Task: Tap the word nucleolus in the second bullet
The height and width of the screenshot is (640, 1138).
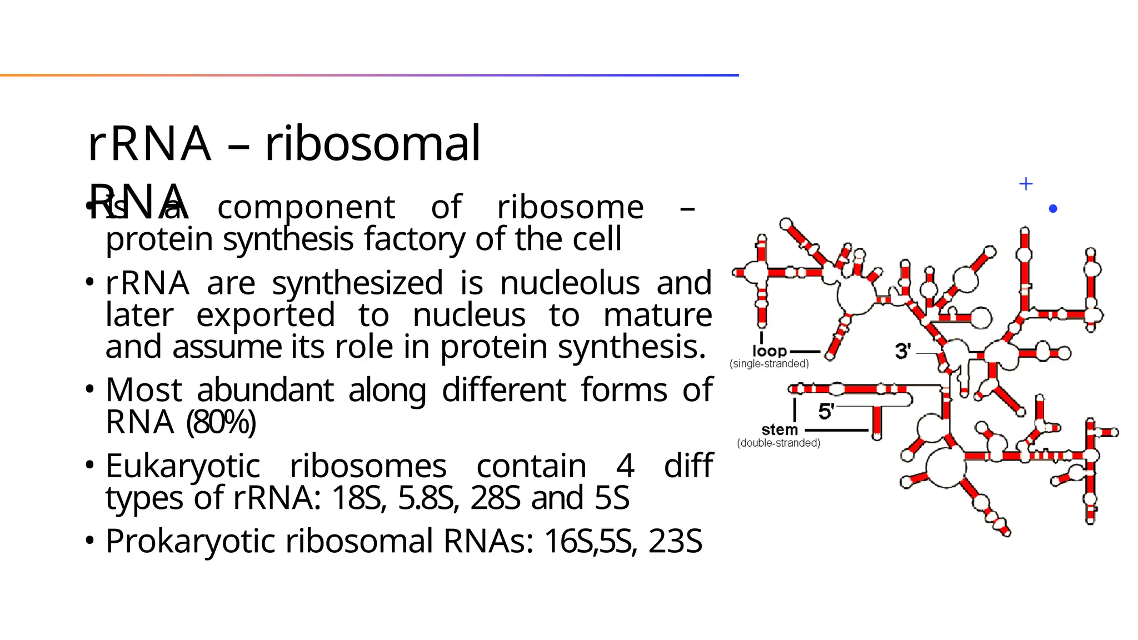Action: coord(570,283)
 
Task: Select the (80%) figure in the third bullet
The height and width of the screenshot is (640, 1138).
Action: coord(221,422)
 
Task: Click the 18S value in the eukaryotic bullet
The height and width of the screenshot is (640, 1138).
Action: coord(358,498)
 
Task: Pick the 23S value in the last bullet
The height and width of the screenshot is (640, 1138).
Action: coord(675,541)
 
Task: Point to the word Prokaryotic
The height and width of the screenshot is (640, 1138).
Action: coord(193,541)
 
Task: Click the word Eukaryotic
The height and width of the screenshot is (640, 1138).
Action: coord(183,466)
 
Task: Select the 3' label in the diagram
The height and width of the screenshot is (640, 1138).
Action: coord(902,351)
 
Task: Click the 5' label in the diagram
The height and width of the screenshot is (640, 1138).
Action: coord(826,412)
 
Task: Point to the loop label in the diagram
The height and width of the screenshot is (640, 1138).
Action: coord(770,351)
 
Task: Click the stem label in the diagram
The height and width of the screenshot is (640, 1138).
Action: coord(780,429)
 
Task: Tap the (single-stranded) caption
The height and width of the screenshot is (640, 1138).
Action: coord(769,364)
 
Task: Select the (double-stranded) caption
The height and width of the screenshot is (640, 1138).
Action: coord(778,443)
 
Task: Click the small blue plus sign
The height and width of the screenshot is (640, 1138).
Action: coord(1026,184)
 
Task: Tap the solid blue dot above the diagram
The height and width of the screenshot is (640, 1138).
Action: coord(1052,209)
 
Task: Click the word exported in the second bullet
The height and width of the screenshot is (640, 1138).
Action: coord(266,315)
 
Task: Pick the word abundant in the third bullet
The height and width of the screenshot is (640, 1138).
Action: coord(265,390)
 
